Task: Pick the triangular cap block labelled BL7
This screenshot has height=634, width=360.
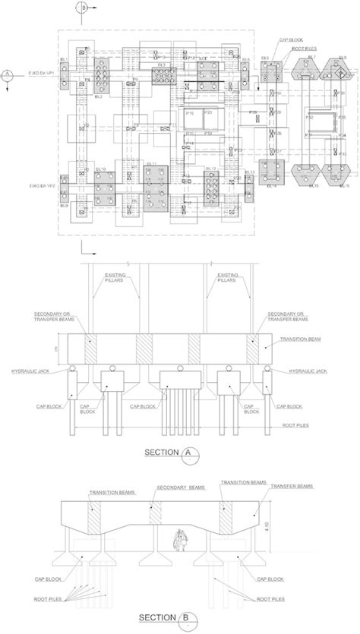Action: point(305,75)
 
